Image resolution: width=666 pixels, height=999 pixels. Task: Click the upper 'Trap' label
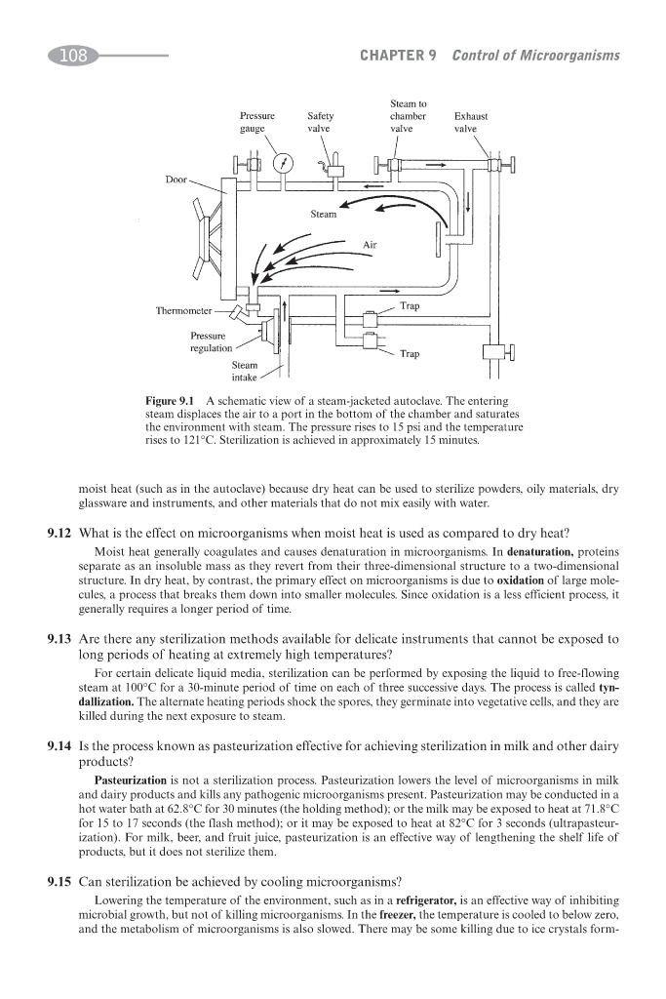[410, 306]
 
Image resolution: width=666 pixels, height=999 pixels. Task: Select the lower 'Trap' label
[410, 353]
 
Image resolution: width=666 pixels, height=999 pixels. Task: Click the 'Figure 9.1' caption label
[170, 401]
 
